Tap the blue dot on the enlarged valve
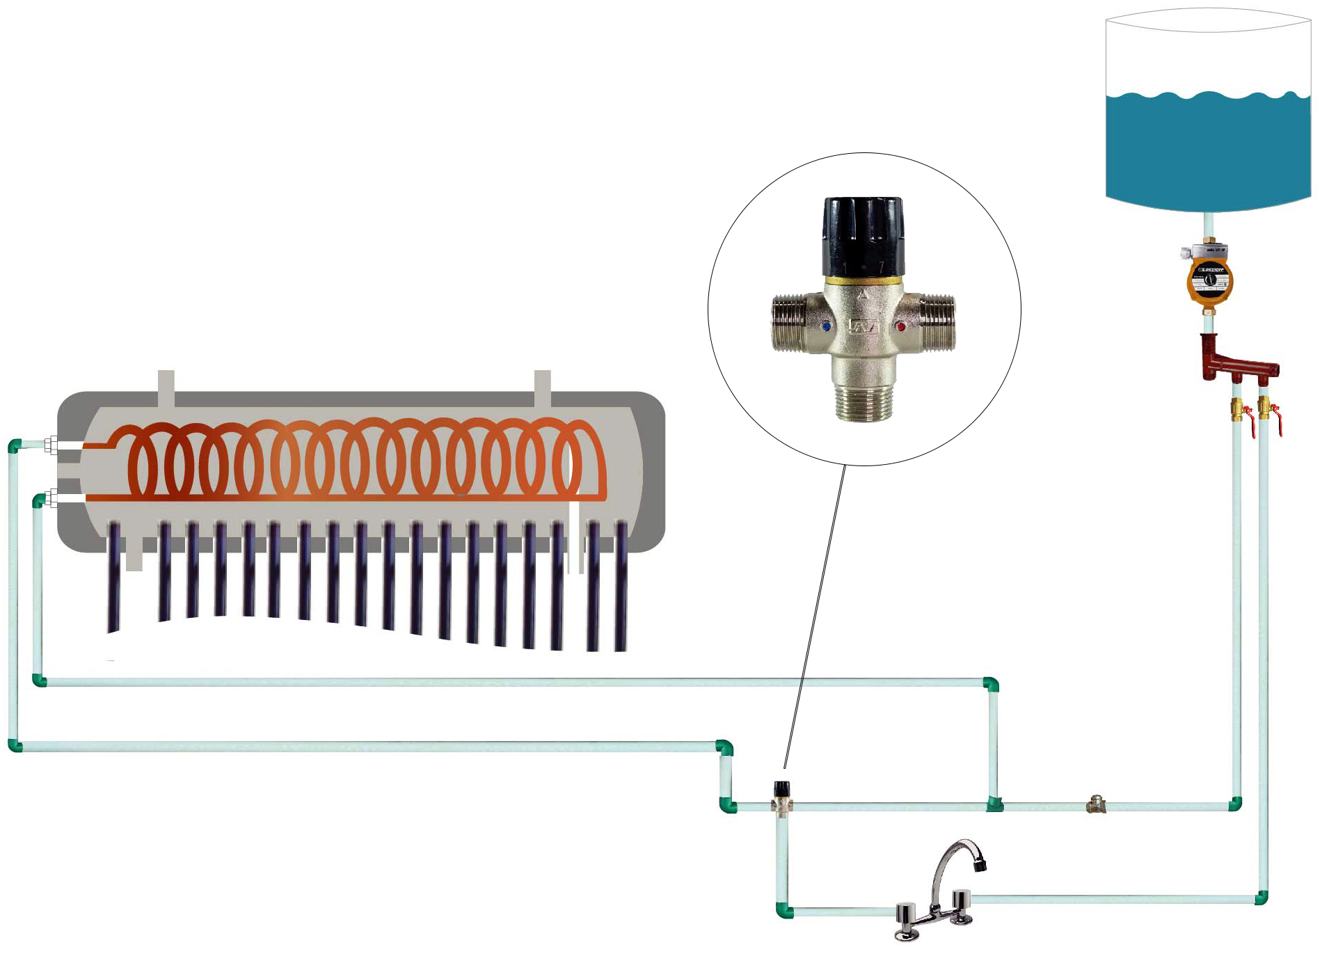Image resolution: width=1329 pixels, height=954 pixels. (x=826, y=325)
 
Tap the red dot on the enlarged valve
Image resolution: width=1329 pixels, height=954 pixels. (x=900, y=326)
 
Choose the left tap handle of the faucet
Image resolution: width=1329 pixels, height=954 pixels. (x=906, y=918)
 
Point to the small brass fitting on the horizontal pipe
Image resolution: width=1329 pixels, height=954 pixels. (x=1096, y=805)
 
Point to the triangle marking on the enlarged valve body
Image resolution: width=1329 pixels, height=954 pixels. (x=862, y=294)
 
